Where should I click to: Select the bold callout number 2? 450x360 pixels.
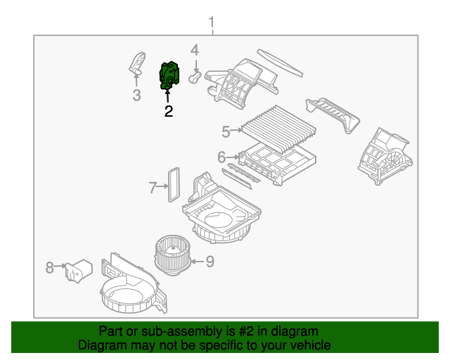coord(168,111)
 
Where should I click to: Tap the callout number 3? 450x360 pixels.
coord(136,95)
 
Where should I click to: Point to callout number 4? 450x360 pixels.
coord(195,49)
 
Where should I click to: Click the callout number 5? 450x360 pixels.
coord(226,131)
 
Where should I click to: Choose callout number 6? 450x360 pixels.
coord(221,157)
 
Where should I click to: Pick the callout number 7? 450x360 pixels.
coord(153,187)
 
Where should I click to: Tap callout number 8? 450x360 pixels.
coord(49,267)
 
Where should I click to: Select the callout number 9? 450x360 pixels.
coord(210,262)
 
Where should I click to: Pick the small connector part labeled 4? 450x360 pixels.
coord(195,74)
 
